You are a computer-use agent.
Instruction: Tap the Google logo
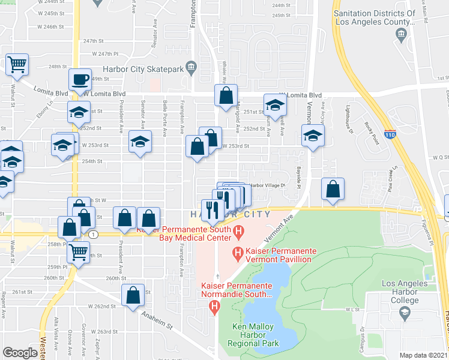pos(20,353)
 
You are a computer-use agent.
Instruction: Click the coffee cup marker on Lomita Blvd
pos(80,79)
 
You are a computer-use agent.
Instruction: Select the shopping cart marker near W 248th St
pos(17,64)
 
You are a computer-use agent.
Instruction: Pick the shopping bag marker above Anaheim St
pos(133,295)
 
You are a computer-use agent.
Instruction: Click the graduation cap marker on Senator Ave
pos(140,142)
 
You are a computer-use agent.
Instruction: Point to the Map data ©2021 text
pos(424,355)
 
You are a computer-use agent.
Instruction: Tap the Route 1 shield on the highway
pos(94,235)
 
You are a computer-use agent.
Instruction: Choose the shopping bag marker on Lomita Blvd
pos(226,95)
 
